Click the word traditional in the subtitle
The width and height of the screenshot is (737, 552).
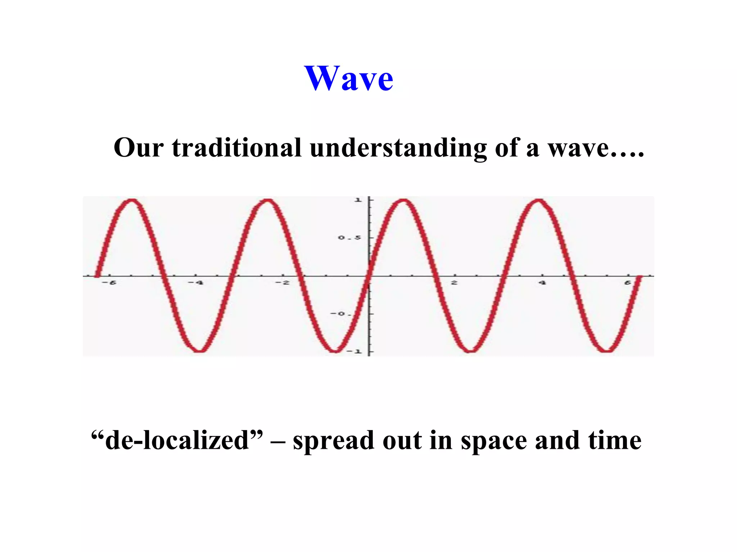tap(236, 147)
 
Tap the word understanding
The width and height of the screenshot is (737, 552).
tap(398, 148)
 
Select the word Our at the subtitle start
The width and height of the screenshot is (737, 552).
tap(138, 147)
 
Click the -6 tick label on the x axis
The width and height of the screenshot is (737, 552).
tap(109, 283)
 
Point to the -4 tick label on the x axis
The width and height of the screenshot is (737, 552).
tap(196, 283)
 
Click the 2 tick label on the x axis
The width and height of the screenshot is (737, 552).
tap(455, 283)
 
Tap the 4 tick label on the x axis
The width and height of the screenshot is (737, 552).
tap(542, 283)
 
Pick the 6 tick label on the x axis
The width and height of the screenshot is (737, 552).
tap(628, 283)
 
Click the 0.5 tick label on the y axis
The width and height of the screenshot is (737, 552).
tap(349, 238)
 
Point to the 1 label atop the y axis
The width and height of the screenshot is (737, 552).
tap(358, 200)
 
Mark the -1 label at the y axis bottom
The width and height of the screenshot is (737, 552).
tap(354, 351)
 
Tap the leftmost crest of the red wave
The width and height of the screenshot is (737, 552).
tap(132, 202)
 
